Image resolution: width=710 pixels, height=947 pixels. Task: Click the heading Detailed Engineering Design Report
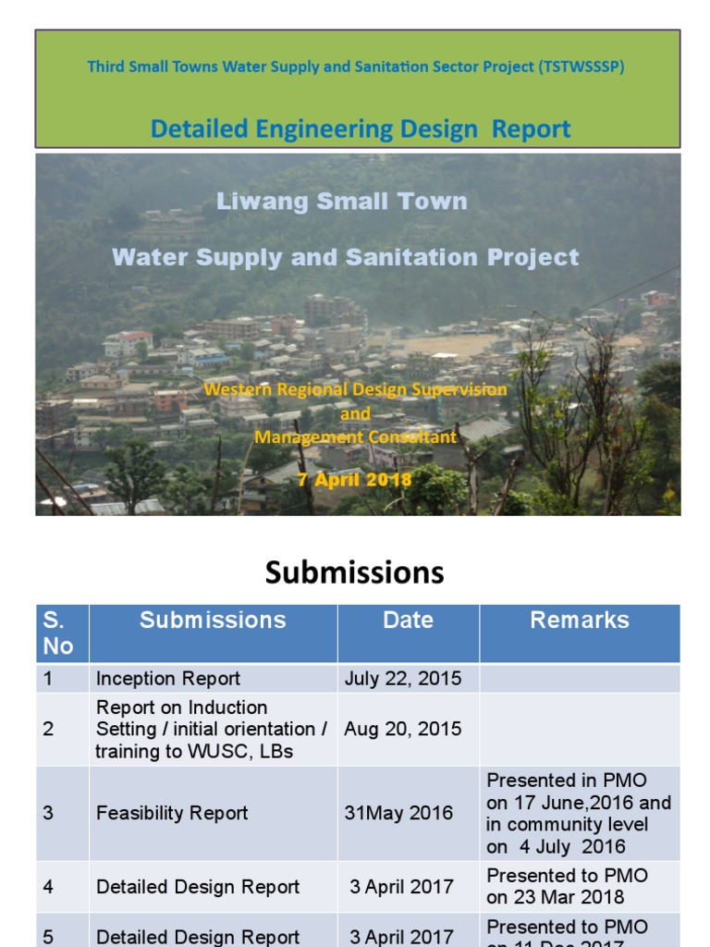[361, 129]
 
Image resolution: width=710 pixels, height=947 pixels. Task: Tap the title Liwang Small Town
[341, 201]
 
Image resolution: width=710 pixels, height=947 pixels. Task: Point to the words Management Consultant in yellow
[355, 437]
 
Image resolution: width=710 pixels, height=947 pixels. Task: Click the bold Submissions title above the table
[354, 572]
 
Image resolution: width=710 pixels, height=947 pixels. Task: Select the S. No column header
[58, 633]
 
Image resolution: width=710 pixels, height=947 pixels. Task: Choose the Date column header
[408, 621]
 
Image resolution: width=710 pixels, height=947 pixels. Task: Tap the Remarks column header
[580, 621]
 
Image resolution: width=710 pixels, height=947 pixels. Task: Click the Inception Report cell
[168, 679]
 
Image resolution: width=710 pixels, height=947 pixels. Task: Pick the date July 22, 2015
[402, 679]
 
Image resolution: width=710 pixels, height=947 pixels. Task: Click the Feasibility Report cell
[172, 813]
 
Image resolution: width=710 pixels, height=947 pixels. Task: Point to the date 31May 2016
[398, 813]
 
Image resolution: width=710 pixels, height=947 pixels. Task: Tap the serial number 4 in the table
[48, 886]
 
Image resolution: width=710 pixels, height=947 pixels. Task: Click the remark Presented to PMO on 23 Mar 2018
[568, 886]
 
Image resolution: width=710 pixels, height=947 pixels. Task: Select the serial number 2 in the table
[48, 729]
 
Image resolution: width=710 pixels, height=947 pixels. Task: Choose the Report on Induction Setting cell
[211, 729]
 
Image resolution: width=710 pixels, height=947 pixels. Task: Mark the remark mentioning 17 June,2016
[579, 813]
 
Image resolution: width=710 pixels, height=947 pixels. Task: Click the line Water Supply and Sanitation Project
[346, 257]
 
